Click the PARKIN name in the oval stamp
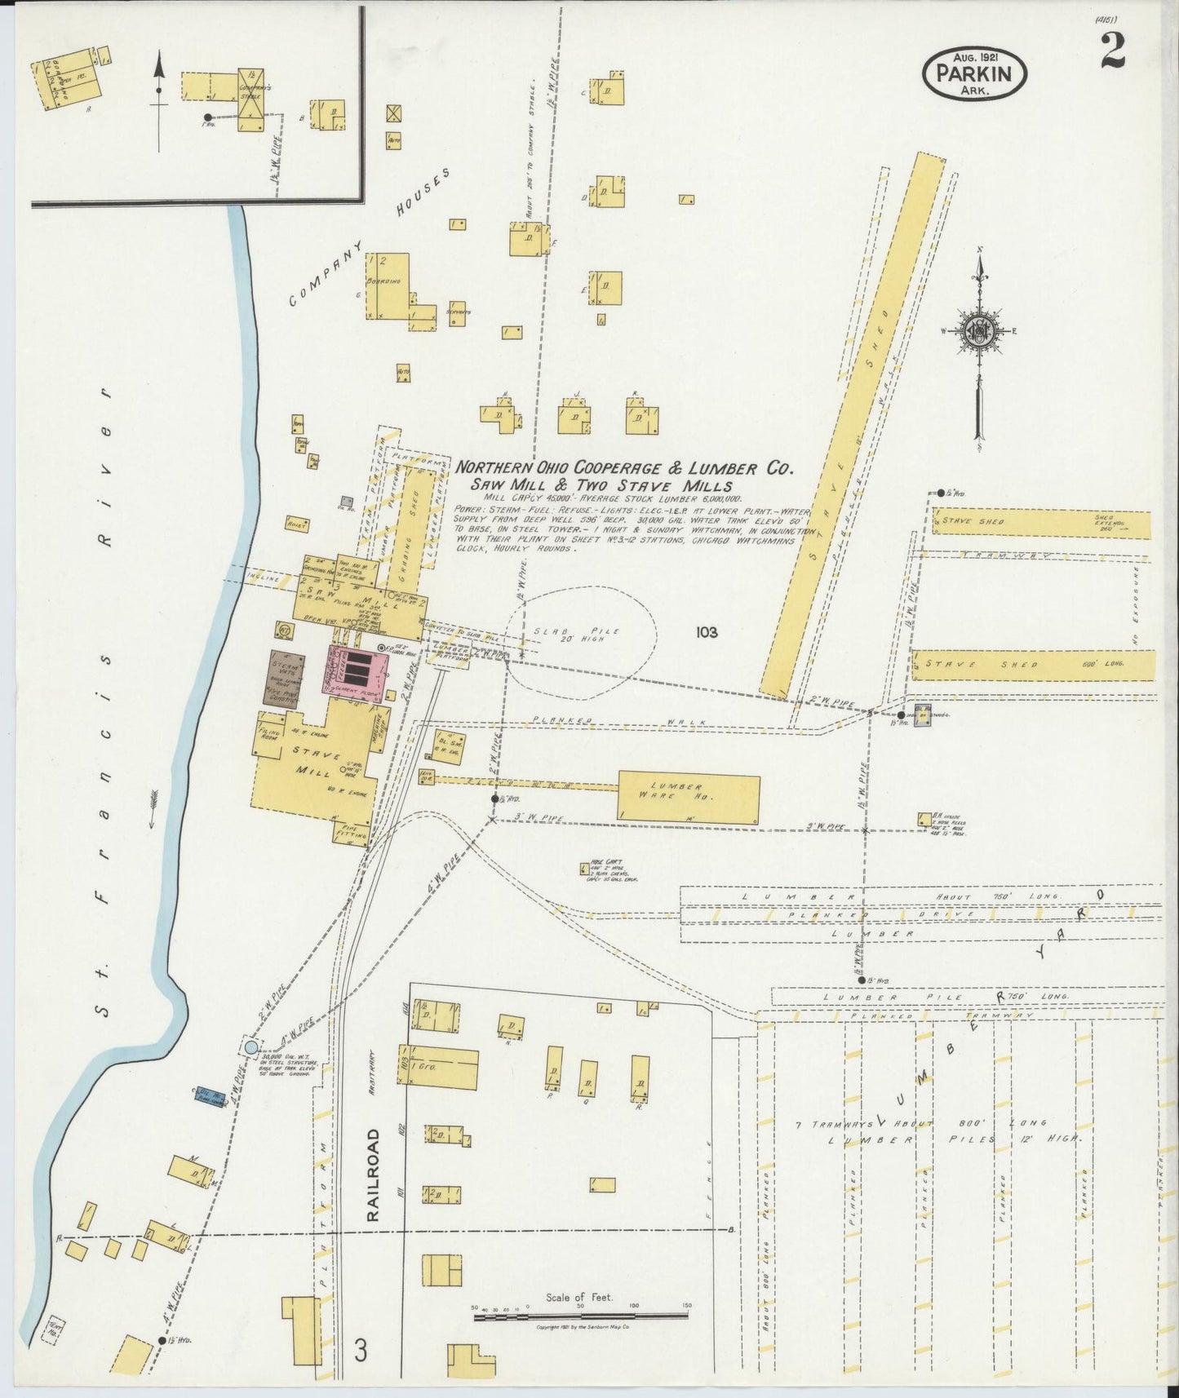pos(974,73)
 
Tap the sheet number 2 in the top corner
pos(1113,51)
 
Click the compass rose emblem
pos(978,330)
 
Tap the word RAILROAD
pos(373,1175)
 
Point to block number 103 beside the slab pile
pos(707,632)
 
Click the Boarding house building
pos(390,287)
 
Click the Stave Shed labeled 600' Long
pos(1033,664)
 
